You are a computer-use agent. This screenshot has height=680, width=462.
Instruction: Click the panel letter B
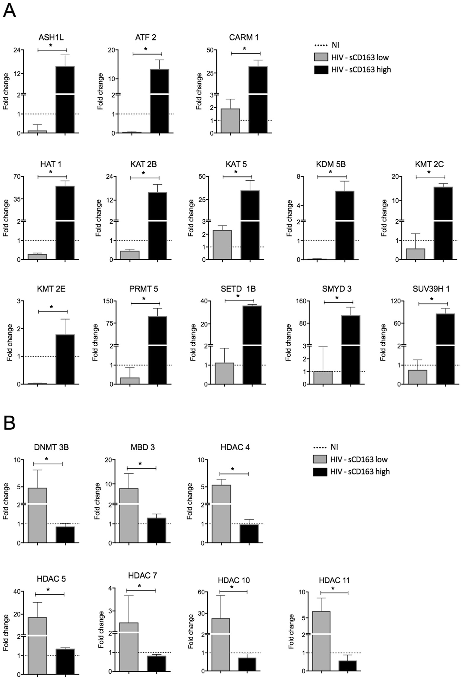tap(9, 423)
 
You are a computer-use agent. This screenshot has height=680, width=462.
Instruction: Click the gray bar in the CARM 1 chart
tap(230, 121)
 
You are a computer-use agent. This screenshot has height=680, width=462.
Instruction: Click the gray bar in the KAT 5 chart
tap(222, 245)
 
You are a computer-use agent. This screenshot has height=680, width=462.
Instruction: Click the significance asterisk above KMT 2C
tap(429, 172)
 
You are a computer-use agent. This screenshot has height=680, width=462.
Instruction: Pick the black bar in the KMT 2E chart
tap(65, 359)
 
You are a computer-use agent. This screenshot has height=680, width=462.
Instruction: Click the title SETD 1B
tap(238, 289)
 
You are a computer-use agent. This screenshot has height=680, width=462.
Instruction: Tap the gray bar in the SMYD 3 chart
tap(323, 378)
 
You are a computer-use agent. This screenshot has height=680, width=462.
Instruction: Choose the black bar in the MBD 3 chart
tap(156, 530)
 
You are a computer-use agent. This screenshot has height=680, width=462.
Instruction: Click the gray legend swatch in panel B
tap(320, 459)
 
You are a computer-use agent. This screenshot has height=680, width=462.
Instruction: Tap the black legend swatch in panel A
tap(321, 69)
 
